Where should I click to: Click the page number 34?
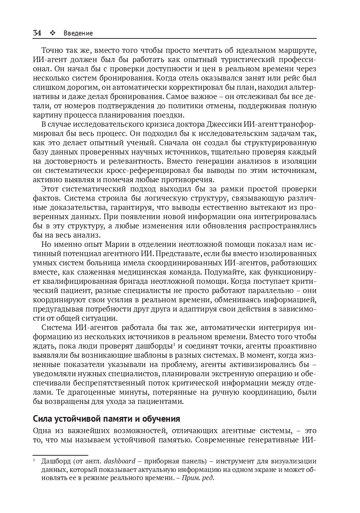click(x=37, y=33)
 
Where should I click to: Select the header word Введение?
click(x=78, y=33)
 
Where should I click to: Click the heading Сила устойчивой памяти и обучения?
click(x=106, y=419)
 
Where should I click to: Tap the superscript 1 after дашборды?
click(x=174, y=344)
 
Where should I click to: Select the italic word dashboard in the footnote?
click(x=119, y=461)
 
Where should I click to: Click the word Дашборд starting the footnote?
click(x=55, y=461)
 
